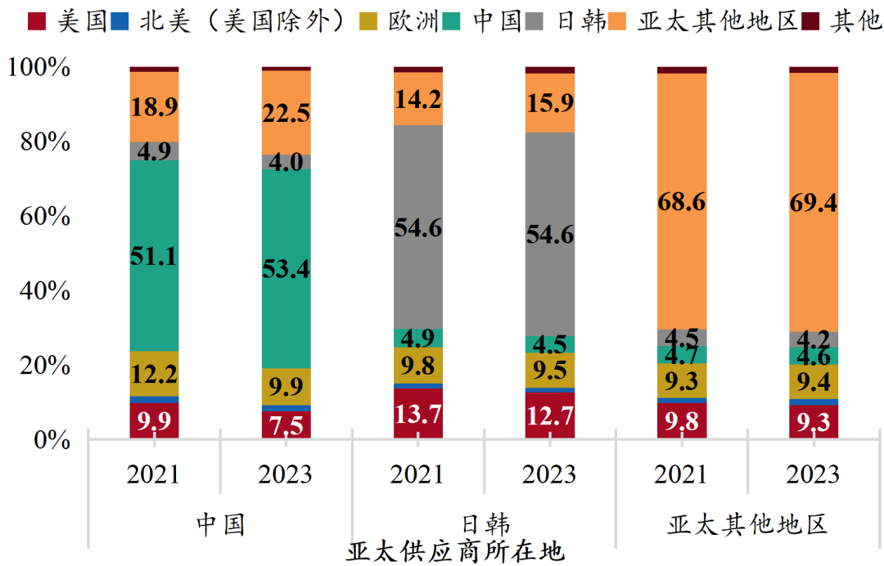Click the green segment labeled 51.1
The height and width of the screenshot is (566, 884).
pos(155,255)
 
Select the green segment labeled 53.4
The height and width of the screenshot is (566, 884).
pos(286,268)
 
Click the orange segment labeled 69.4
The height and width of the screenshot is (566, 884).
pos(814,202)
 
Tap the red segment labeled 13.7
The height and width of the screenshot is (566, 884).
pos(418,414)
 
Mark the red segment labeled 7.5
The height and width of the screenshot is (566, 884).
pos(286,424)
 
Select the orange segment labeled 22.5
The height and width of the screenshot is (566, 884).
pos(286,113)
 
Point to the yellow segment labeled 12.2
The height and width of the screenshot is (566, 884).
pos(155,374)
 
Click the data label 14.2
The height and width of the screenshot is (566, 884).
pos(418,99)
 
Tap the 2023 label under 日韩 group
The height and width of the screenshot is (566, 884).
pos(550,474)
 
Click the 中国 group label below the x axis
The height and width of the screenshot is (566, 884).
pos(220,523)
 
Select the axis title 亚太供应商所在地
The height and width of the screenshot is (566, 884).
pos(455,551)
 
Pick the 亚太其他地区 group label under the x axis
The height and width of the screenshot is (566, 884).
pos(747,523)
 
